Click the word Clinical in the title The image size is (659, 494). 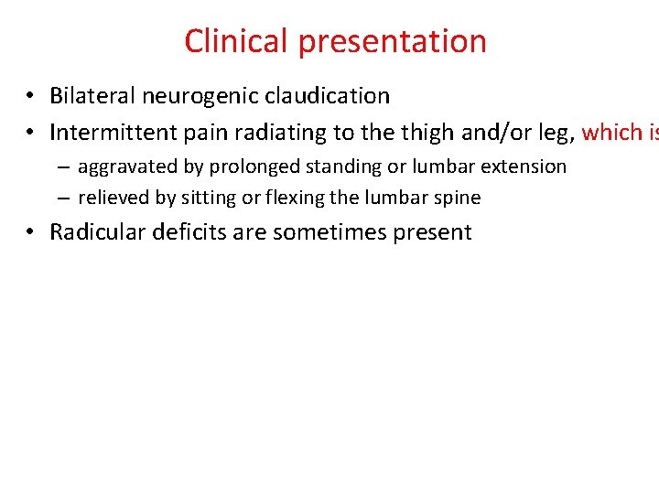[237, 41]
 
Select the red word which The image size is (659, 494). [612, 133]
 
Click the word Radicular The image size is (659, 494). [94, 232]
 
